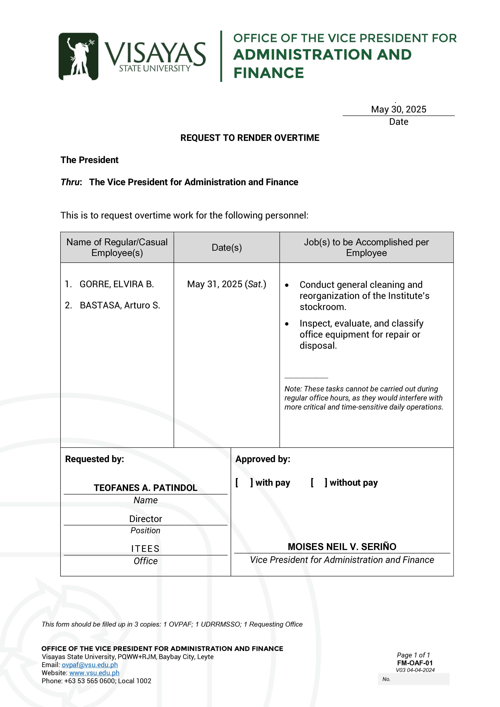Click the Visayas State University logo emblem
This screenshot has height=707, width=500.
[79, 56]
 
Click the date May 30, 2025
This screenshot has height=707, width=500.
[398, 109]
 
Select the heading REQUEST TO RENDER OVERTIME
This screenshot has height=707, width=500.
[250, 138]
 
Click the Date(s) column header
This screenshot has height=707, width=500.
[227, 247]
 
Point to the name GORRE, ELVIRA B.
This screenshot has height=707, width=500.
[116, 284]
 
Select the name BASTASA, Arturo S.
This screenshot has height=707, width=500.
[120, 305]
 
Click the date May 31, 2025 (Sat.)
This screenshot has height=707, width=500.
[227, 284]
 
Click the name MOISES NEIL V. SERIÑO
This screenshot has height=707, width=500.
[342, 547]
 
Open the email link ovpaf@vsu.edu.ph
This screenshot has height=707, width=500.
[90, 665]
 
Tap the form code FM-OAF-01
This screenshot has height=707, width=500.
[415, 663]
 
